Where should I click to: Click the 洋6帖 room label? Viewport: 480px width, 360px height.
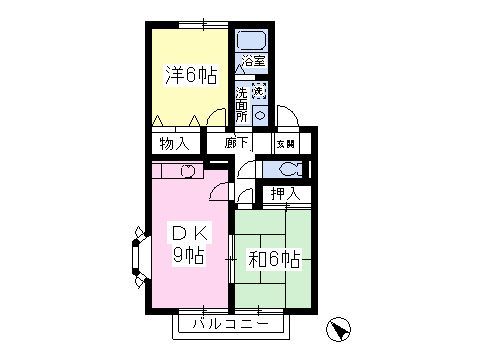pyautogui.click(x=191, y=76)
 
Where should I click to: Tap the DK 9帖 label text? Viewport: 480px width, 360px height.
pyautogui.click(x=189, y=244)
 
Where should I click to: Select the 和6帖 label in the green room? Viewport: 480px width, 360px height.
pyautogui.click(x=274, y=259)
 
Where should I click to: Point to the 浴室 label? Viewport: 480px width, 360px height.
pyautogui.click(x=254, y=61)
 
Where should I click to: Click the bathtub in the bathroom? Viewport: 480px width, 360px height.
pyautogui.click(x=252, y=40)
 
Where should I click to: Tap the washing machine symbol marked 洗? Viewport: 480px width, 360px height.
pyautogui.click(x=259, y=90)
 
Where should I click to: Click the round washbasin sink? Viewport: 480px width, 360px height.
pyautogui.click(x=260, y=116)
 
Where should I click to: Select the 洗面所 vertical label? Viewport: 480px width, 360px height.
pyautogui.click(x=242, y=105)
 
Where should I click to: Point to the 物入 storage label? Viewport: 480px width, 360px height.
pyautogui.click(x=174, y=144)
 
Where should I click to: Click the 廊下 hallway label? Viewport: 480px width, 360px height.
pyautogui.click(x=236, y=143)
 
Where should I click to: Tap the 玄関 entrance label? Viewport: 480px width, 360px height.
pyautogui.click(x=286, y=144)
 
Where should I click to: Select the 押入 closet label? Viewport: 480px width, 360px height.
pyautogui.click(x=286, y=194)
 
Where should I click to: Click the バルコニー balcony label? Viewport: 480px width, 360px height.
pyautogui.click(x=231, y=324)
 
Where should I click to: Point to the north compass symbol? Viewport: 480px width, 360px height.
pyautogui.click(x=338, y=329)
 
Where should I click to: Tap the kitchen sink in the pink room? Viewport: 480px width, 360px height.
pyautogui.click(x=187, y=171)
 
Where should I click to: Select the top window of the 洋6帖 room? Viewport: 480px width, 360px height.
pyautogui.click(x=203, y=25)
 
